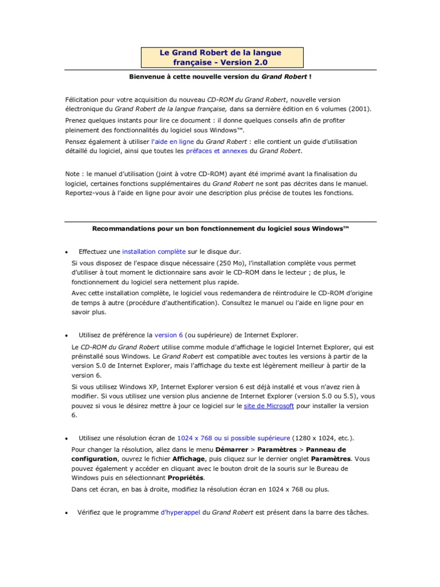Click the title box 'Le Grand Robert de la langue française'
222,57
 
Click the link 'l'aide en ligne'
172,141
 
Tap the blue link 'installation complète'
154,251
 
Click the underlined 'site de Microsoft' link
269,405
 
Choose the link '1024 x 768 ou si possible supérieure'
234,438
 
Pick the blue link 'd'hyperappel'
180,512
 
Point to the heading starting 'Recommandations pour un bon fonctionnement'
221,228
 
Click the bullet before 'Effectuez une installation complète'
67,252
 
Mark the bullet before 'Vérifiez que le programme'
67,512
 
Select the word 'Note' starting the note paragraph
72,173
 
